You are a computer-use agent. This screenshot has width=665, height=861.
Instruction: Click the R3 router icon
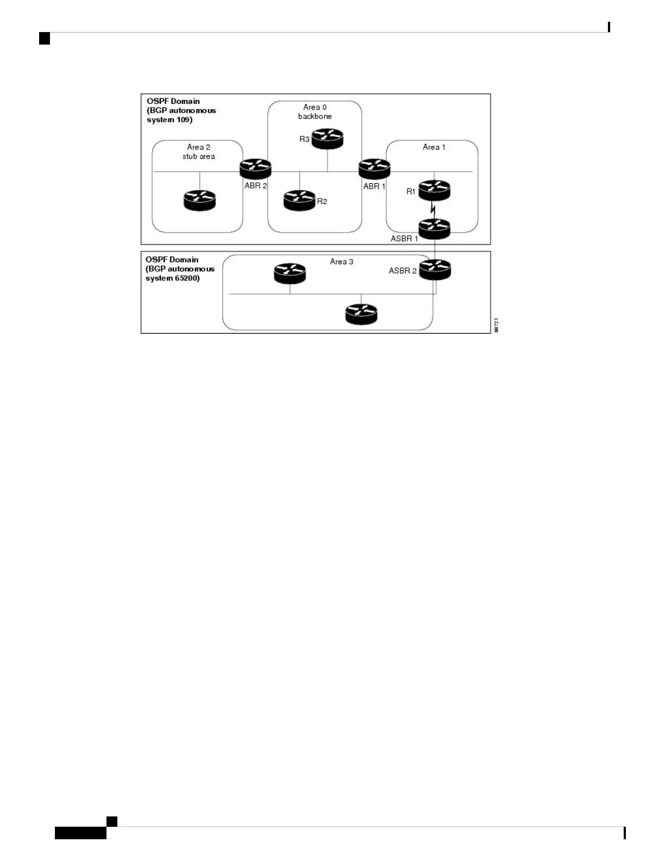point(327,139)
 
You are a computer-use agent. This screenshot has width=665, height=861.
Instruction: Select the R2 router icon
point(299,200)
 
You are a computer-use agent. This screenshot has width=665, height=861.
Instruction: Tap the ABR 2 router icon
point(255,169)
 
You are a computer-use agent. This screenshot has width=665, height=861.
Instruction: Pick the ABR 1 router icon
point(374,169)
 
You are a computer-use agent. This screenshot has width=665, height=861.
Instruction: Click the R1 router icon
point(434,190)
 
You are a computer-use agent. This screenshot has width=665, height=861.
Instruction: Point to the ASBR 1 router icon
point(434,229)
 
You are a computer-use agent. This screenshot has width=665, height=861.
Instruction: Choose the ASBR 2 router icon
point(435,270)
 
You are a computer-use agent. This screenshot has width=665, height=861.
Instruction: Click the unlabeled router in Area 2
point(199,201)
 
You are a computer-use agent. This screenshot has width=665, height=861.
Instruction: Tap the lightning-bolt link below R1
point(434,209)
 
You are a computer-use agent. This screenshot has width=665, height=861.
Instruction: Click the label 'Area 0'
point(315,107)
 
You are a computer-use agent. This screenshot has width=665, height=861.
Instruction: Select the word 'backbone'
point(315,116)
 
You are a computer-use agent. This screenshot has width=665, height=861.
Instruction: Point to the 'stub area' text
point(198,157)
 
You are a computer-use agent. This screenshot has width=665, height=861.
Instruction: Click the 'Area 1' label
point(434,147)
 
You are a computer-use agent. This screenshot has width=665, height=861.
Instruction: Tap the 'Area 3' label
point(341,262)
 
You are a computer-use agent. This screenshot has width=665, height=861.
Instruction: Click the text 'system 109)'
point(170,120)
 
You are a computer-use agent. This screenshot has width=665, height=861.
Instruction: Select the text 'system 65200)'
point(172,278)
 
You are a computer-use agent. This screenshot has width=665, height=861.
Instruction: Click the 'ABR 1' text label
point(374,186)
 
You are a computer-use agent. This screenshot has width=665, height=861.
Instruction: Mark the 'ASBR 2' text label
point(403,271)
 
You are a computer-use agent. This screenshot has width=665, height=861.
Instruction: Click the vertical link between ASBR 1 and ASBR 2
point(435,249)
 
